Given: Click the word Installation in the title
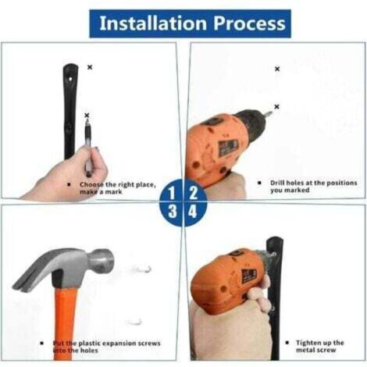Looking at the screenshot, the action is pos(153,23).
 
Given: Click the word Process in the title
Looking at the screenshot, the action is pos(249,23).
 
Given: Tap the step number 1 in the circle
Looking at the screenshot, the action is pos(171,193).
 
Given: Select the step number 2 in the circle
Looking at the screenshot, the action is pos(193,193).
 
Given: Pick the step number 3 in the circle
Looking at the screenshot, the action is pos(172,211).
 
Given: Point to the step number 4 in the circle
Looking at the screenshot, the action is pos(193,211).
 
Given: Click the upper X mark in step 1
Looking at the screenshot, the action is pos(90,67).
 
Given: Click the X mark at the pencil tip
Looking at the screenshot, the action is pos(87,115).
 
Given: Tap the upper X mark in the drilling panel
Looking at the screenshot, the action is pos(277,69).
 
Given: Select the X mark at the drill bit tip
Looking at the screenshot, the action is pos(276,106).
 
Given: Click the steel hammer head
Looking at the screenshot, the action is pos(65,267).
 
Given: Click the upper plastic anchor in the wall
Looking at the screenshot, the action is pos(142,269).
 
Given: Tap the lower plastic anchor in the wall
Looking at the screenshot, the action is pos(135,322).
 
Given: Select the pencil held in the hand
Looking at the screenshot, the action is pos(87,146).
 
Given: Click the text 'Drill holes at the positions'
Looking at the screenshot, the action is pos(313,183).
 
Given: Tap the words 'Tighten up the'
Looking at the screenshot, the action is pos(320,343).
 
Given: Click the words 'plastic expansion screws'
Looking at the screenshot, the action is pos(119,344).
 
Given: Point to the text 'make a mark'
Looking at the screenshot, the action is pos(101,192).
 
